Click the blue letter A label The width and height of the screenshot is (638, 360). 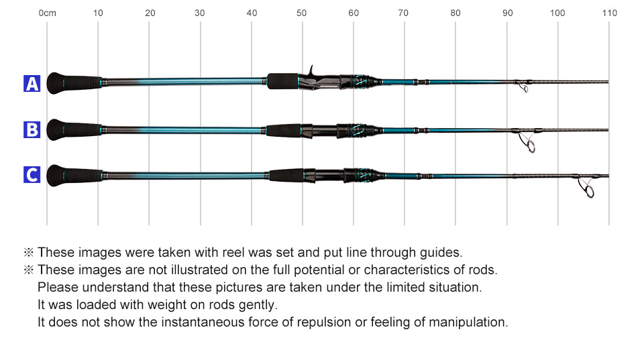click(32, 84)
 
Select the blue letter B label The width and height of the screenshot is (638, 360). click(32, 129)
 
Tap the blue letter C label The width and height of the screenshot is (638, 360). click(32, 175)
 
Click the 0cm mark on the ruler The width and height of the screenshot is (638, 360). click(47, 13)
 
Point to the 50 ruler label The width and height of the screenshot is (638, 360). click(301, 13)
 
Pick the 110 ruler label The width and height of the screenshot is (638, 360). click(609, 13)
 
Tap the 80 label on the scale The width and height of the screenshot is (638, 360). click(455, 13)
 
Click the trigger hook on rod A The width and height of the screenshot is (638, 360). click(311, 70)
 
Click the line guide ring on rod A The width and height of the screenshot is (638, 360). click(523, 87)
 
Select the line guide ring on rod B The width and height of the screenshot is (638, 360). click(530, 145)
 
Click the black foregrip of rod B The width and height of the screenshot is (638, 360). click(284, 130)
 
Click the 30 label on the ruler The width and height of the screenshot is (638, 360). click(199, 13)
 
